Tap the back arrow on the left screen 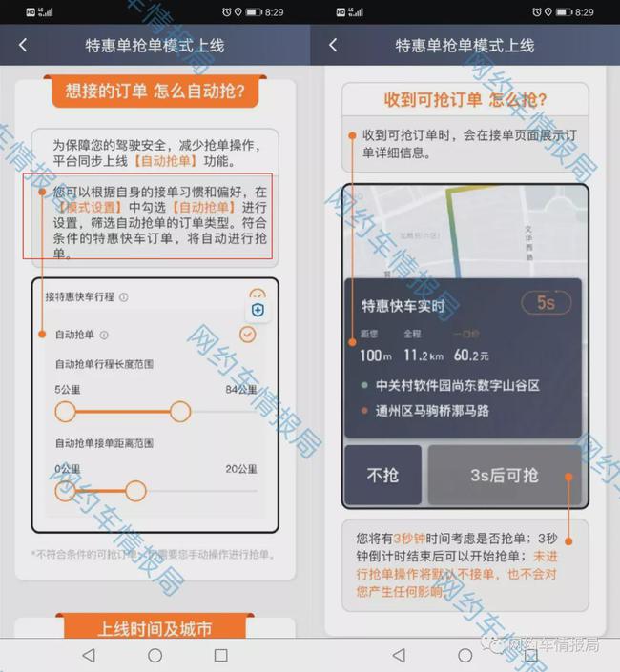pos(23,45)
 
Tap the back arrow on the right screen pos(332,45)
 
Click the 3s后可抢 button pos(505,475)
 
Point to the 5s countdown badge pos(546,303)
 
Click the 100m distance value pos(376,356)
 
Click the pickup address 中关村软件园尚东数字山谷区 pos(458,385)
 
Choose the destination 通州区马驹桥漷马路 pos(432,410)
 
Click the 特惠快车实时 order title pos(403,306)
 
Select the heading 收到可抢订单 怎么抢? pos(465,100)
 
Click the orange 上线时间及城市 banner pos(155,629)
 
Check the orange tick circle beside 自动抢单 pos(248,335)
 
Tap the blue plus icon pos(258,311)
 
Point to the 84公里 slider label pos(240,390)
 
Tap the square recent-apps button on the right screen pos(530,656)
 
